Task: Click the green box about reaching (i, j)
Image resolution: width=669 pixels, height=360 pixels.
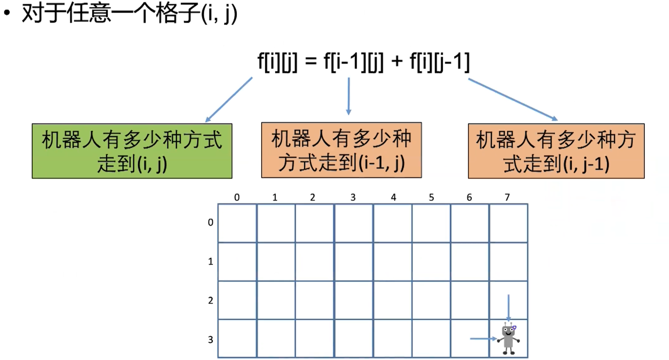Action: (132, 151)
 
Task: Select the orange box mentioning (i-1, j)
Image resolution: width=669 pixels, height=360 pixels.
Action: (341, 150)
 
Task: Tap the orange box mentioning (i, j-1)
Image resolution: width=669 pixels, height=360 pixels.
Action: (556, 151)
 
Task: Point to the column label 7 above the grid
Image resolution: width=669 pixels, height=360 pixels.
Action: (507, 197)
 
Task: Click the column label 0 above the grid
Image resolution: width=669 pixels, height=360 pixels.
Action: (237, 197)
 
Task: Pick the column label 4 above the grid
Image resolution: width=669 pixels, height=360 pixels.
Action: (393, 197)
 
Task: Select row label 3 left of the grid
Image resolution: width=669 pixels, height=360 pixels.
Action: (210, 340)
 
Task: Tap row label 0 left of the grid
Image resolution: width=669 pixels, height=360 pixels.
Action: (210, 222)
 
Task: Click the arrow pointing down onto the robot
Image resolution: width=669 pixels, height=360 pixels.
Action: (508, 307)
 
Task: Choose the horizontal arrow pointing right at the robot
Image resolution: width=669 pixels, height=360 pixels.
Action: (483, 338)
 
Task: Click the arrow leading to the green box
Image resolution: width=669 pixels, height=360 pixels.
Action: (229, 99)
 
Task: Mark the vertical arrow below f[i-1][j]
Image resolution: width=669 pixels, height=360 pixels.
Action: (349, 96)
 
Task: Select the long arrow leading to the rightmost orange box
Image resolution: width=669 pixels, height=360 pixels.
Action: (513, 99)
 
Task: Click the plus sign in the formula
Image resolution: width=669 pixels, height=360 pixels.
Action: (397, 61)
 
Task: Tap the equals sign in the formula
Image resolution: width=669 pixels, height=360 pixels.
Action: (311, 61)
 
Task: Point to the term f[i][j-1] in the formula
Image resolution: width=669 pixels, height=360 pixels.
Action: (440, 61)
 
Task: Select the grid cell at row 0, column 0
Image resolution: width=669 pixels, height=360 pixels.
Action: (237, 223)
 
